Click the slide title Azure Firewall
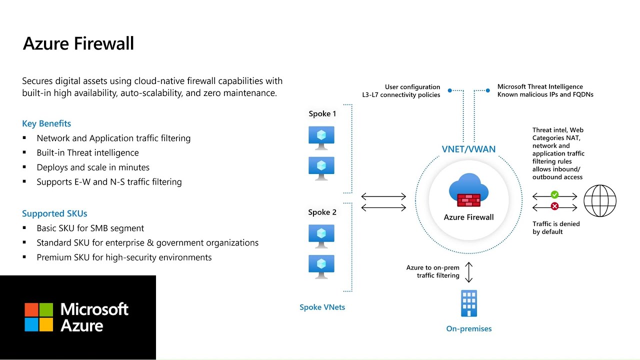coord(78,43)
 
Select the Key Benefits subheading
coord(46,123)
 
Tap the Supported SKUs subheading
coord(54,213)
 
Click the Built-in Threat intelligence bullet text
coord(87,153)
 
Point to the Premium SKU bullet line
coord(124,257)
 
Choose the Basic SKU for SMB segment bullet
coord(90,228)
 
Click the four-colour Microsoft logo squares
coord(39,317)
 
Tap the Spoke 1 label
coord(322,114)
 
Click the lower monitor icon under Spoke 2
coord(321,266)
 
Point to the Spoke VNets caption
coord(322,307)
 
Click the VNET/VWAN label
coord(468,149)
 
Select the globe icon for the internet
coord(600,200)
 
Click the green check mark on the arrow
coord(554,194)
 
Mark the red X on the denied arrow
coord(554,206)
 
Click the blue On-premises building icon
coord(468,303)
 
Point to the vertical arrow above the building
coord(468,272)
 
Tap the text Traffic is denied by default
coord(556,228)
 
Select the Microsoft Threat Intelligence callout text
coord(545,90)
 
